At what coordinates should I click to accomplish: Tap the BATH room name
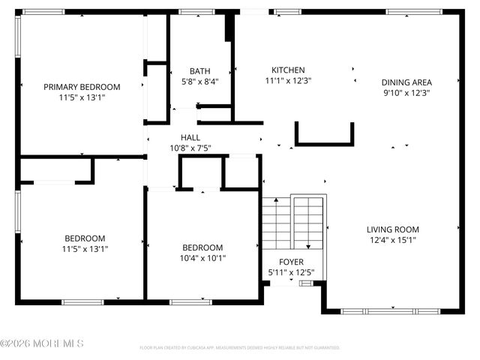199,71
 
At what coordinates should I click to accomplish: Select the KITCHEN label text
288,69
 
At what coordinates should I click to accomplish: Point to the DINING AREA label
406,82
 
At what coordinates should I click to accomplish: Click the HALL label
190,137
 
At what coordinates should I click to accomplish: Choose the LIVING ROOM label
392,229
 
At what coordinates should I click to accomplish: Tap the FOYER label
291,262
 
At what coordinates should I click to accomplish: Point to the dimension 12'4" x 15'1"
392,240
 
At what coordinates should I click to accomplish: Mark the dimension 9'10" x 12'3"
406,93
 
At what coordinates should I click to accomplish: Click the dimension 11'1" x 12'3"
288,79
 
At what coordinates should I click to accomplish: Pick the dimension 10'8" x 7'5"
190,148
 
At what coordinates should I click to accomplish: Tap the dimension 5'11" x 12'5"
291,272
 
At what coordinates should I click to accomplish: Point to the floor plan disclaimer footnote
240,348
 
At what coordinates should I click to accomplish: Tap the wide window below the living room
391,310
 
